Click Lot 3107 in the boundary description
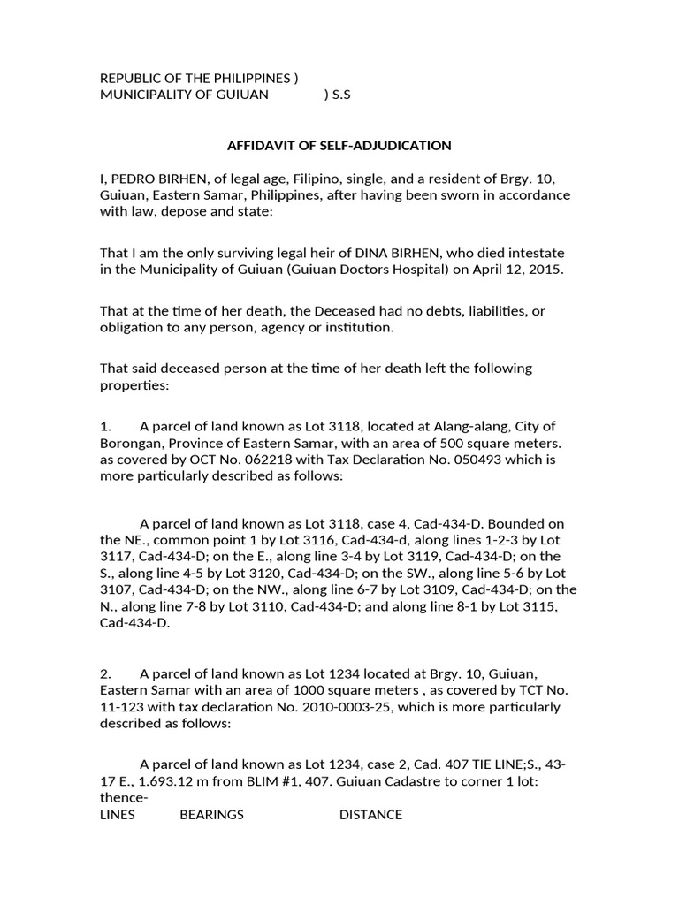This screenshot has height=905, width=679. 126,589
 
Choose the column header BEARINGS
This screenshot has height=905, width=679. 211,815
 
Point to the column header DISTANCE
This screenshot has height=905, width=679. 370,815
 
